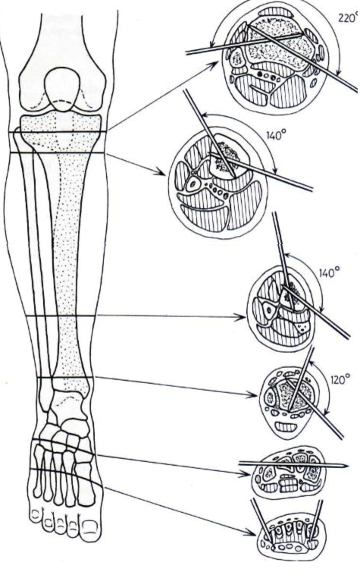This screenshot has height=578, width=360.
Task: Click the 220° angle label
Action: [x=349, y=18]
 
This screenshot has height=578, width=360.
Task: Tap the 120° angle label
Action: [x=339, y=380]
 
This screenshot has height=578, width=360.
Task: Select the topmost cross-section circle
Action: [x=277, y=57]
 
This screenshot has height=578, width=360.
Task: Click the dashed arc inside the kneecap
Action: [x=64, y=102]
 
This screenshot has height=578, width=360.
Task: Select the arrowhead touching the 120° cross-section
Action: [x=252, y=395]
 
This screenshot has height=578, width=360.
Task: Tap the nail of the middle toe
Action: [x=58, y=525]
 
